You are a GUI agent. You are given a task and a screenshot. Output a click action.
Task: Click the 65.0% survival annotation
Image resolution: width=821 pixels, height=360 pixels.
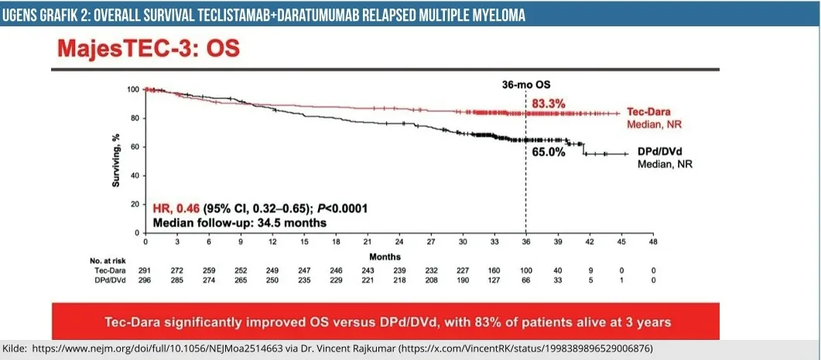(x=549, y=153)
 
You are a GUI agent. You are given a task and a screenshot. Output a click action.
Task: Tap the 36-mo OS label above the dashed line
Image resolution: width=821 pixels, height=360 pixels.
(x=527, y=85)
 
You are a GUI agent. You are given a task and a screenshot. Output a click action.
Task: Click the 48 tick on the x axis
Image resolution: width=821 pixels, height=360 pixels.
(x=653, y=242)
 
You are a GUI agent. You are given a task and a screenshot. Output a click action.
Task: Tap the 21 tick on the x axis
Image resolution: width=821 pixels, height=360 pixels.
(x=368, y=242)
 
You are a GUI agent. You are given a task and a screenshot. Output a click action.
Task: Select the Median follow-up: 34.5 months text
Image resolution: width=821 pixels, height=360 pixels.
(x=239, y=222)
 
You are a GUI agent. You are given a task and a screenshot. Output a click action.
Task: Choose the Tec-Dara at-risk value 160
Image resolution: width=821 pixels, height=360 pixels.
(x=494, y=270)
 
